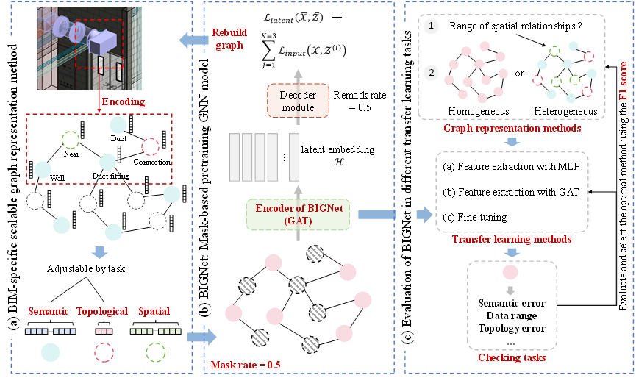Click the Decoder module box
(x=299, y=101)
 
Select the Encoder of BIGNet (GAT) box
(x=300, y=213)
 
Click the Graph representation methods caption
(x=512, y=129)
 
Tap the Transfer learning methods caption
(x=513, y=239)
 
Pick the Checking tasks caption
(x=512, y=358)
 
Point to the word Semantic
(x=49, y=311)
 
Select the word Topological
(x=103, y=311)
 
